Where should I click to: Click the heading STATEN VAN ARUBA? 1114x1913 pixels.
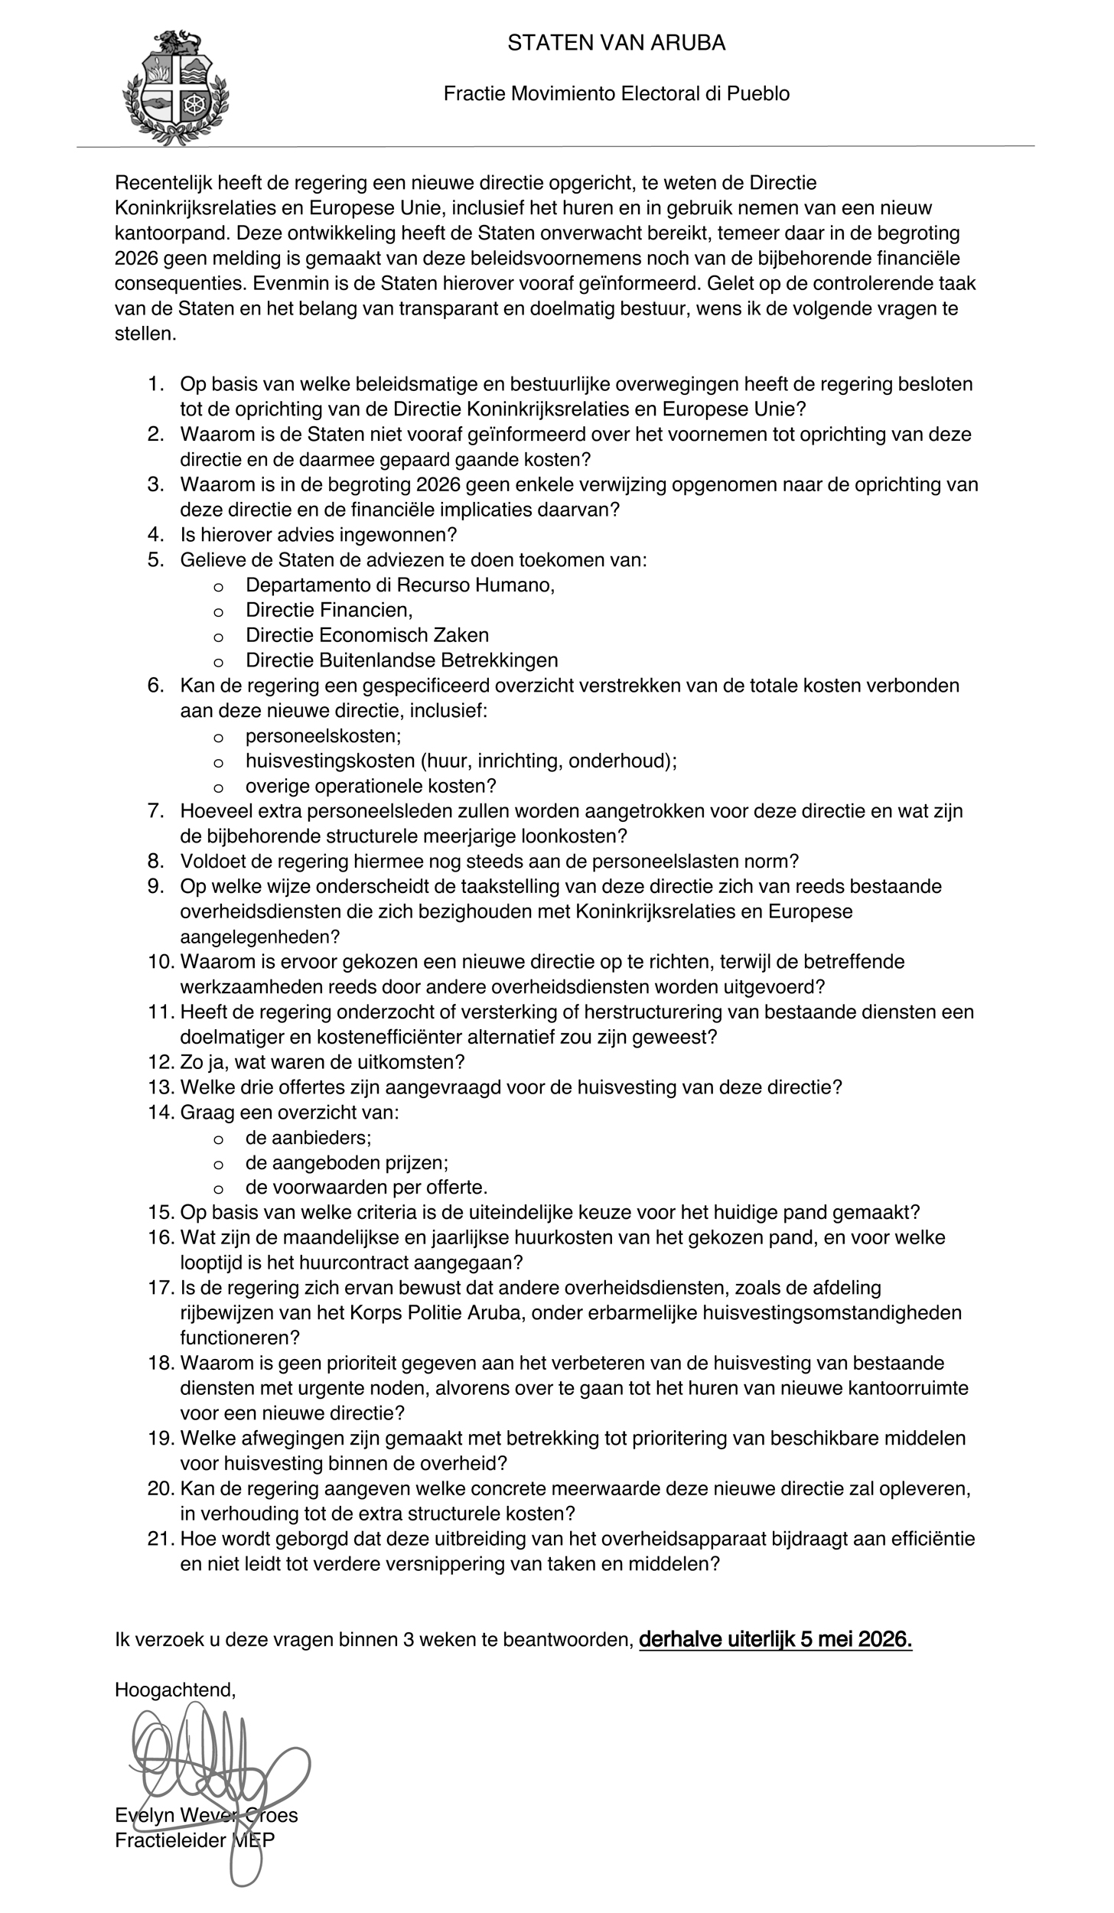pyautogui.click(x=616, y=44)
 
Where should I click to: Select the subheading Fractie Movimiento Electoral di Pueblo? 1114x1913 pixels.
pyautogui.click(x=616, y=94)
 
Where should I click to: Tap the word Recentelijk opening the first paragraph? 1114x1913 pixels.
pyautogui.click(x=164, y=184)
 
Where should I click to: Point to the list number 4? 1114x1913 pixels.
pyautogui.click(x=156, y=535)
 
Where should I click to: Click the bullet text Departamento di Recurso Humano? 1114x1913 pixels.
pyautogui.click(x=399, y=585)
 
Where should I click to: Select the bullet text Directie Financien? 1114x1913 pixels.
pyautogui.click(x=329, y=611)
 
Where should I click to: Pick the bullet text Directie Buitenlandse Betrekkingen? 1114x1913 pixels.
pyautogui.click(x=402, y=660)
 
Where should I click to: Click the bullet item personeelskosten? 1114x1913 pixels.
pyautogui.click(x=323, y=736)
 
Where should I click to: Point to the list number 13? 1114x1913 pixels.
pyautogui.click(x=161, y=1087)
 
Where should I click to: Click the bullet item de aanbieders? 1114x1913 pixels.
pyautogui.click(x=308, y=1138)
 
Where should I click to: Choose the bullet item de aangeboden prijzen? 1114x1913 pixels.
pyautogui.click(x=347, y=1163)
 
